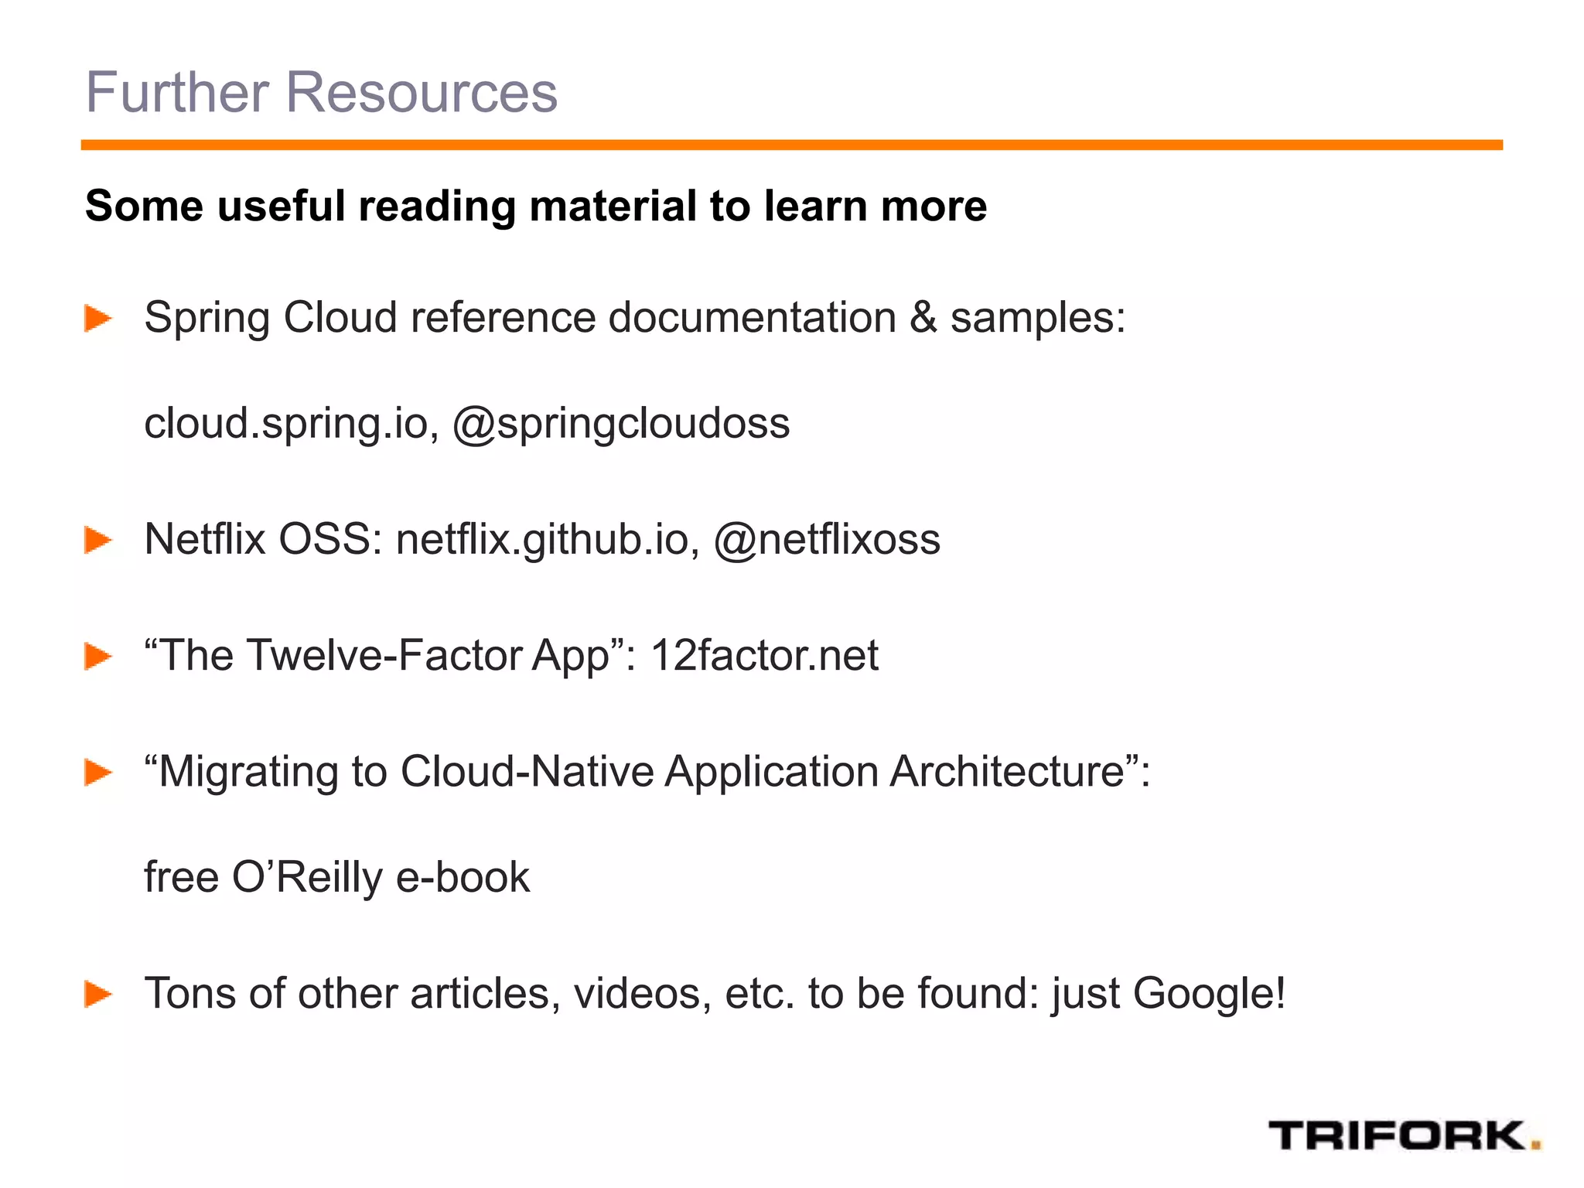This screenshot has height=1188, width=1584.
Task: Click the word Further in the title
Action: point(177,92)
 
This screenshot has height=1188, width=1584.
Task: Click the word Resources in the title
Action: point(422,92)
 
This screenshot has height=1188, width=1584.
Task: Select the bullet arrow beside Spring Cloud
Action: point(98,318)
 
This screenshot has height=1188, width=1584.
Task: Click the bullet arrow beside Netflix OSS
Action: point(98,540)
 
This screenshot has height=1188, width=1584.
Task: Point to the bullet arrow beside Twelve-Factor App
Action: point(98,656)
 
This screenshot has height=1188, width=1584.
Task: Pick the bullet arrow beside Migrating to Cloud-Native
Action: point(98,772)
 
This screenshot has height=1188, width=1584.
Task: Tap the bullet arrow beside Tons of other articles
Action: point(98,994)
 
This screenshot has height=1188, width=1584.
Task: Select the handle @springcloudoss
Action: point(621,424)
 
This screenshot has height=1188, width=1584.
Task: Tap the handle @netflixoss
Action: point(827,539)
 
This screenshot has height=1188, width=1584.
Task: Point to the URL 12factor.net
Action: point(764,656)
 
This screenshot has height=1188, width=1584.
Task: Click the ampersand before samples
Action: point(923,318)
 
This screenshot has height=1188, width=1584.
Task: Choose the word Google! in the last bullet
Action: point(1209,994)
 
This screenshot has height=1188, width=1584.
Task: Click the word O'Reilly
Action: point(307,878)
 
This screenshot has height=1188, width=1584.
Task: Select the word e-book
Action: point(463,878)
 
